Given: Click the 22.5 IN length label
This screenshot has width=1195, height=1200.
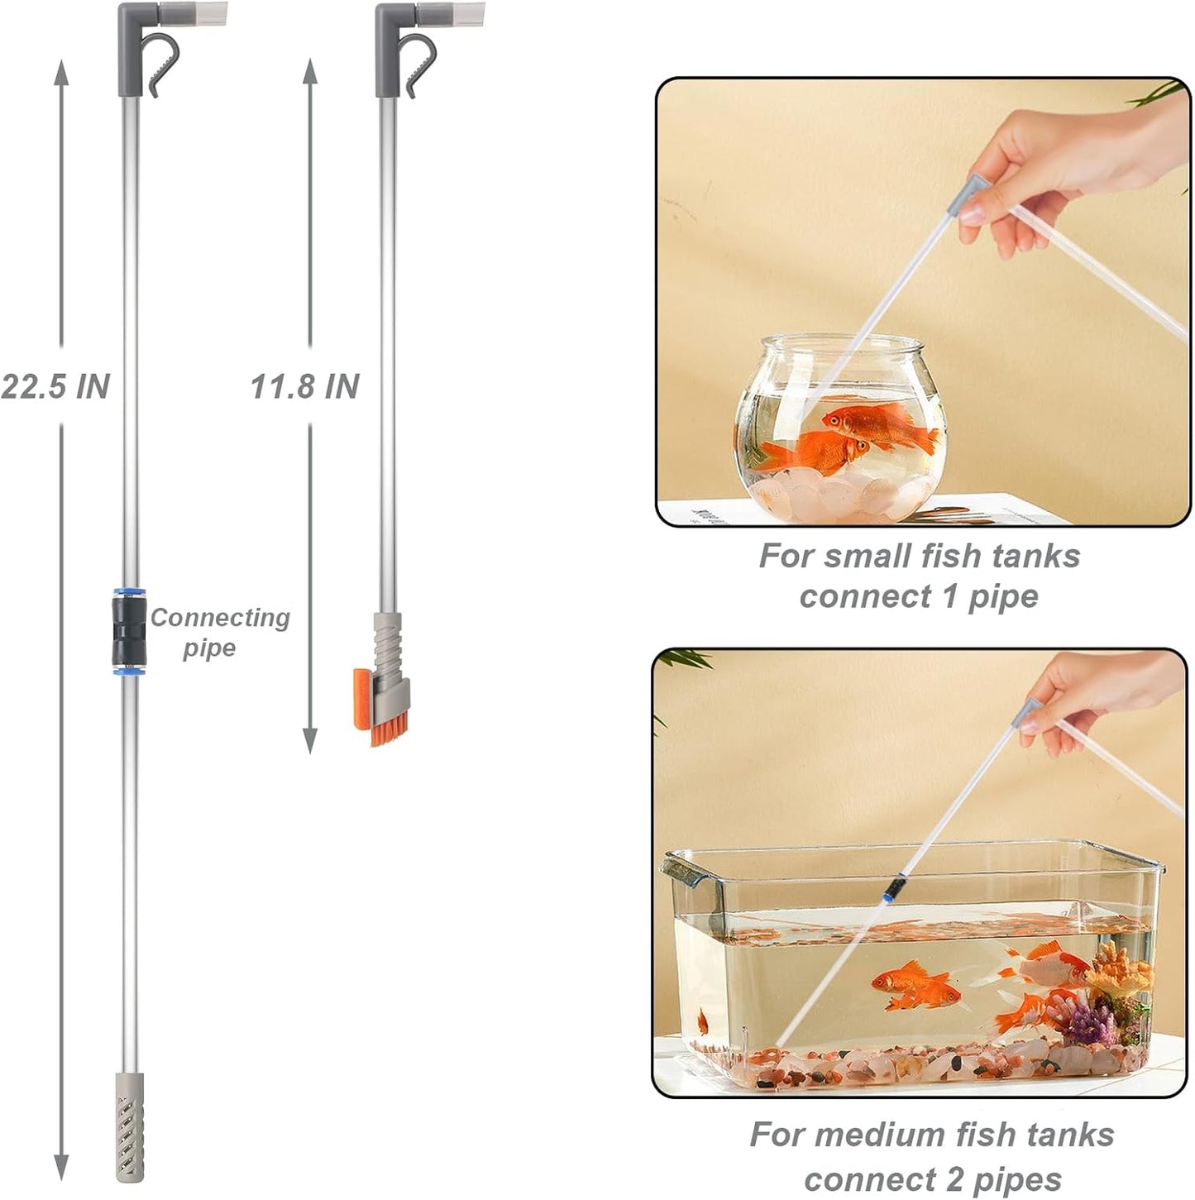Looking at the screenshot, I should click(x=55, y=386).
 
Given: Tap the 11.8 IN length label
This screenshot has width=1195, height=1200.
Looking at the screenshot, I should click(x=305, y=386).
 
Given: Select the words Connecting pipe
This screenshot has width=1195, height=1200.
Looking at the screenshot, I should click(x=219, y=632).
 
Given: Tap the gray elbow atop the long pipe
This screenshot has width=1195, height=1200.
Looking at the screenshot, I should click(x=132, y=41).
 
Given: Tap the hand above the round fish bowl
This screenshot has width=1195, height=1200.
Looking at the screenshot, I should click(x=1075, y=165).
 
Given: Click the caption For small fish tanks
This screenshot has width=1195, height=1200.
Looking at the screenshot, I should click(x=919, y=557).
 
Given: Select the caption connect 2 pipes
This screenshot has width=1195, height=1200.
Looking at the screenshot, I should click(x=932, y=1178).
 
